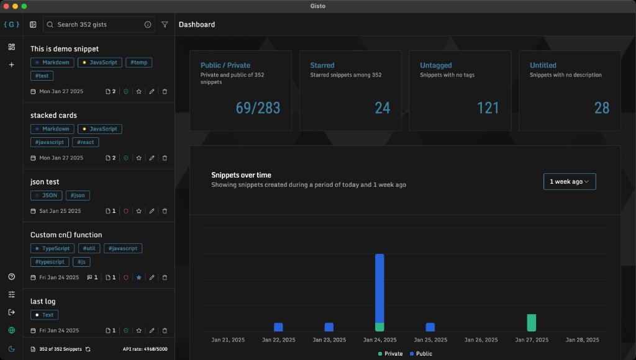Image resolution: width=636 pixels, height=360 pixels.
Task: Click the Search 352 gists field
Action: [x=96, y=25]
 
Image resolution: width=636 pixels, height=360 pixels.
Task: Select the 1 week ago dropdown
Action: [x=569, y=181]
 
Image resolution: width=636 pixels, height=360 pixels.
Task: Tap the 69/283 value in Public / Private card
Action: [x=258, y=108]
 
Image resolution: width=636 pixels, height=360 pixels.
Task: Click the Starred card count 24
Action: [x=382, y=108]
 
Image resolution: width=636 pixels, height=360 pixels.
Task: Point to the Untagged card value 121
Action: [x=488, y=108]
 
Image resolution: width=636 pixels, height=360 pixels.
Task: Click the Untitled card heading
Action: [x=543, y=65]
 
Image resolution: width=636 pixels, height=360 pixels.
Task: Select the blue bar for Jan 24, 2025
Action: [x=379, y=287]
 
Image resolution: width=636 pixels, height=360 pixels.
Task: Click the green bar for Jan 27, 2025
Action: [x=531, y=323]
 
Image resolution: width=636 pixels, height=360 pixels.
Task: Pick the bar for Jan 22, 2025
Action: [x=278, y=327]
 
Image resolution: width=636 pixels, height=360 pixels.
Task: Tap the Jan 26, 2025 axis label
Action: [x=481, y=340]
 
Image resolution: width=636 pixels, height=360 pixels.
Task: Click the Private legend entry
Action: [x=389, y=354]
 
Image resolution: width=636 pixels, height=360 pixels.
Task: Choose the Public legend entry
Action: [x=420, y=354]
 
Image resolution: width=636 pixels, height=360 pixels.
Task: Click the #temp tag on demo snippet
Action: [x=139, y=63]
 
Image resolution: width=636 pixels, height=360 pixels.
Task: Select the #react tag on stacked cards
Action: [x=85, y=142]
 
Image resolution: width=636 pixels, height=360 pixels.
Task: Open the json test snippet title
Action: [x=45, y=182]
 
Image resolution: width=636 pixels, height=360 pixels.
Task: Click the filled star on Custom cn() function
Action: [x=139, y=277]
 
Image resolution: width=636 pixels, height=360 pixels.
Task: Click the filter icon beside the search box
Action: [x=165, y=25]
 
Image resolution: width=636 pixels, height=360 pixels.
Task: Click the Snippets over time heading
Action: [x=241, y=175]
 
